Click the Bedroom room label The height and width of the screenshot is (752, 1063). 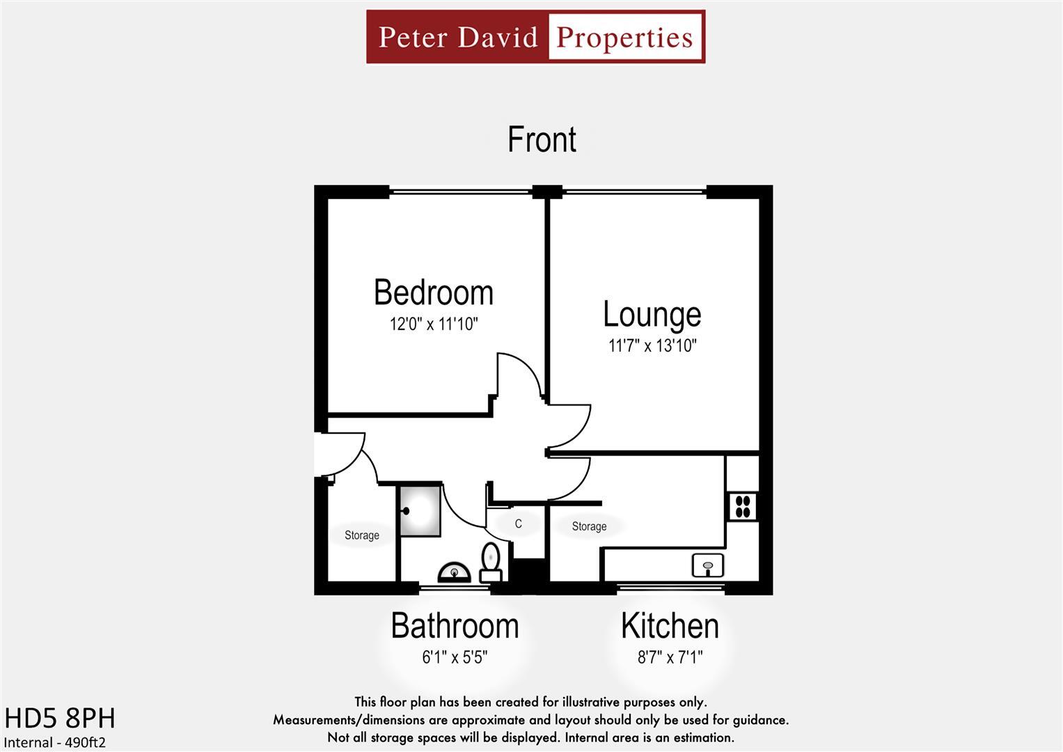coord(433,292)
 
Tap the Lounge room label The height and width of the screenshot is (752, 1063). coord(652,314)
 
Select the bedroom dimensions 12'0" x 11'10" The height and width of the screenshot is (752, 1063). coord(433,324)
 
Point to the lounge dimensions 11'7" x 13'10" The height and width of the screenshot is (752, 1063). coord(652,345)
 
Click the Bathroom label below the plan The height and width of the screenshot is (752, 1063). coord(455,625)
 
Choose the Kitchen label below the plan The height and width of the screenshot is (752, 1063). coord(670,625)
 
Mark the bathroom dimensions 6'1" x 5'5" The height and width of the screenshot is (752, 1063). coord(455,657)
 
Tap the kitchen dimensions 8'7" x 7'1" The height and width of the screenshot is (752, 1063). coord(670,657)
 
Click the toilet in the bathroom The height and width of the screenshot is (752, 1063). coord(491,562)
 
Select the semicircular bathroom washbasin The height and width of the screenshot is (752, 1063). coord(454,572)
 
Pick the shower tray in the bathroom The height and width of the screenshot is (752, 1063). coord(419,511)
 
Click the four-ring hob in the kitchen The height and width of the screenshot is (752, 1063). coord(743,506)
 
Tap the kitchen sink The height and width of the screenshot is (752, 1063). coord(708,565)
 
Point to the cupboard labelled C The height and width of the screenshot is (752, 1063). coord(518,524)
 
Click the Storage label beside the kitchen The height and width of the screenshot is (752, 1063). coord(589,526)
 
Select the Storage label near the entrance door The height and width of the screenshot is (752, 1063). coord(361,535)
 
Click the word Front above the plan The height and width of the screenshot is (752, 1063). coord(542,139)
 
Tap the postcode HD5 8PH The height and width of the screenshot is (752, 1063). coord(60,718)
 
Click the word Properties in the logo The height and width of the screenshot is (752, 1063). coord(625,37)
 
